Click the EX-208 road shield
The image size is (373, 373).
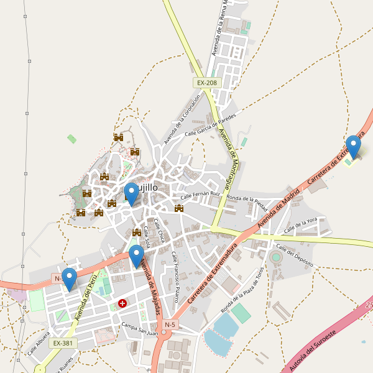(x=207, y=83)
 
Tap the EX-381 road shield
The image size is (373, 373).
(x=63, y=343)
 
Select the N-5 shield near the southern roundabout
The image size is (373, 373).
(x=170, y=325)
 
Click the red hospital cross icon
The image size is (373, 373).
(x=122, y=304)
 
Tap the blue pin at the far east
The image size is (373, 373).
(x=353, y=147)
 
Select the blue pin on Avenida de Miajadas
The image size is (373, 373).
(x=136, y=256)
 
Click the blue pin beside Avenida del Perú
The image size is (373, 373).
(x=69, y=279)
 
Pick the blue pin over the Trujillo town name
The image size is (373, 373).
(x=131, y=194)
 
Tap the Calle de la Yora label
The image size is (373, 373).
(x=301, y=226)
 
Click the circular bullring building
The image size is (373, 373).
(x=276, y=257)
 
